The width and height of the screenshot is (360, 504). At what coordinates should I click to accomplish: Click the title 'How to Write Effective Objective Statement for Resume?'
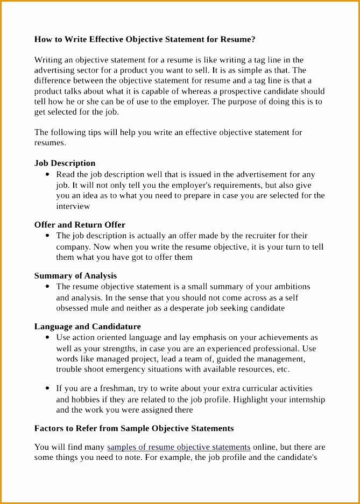pyautogui.click(x=145, y=39)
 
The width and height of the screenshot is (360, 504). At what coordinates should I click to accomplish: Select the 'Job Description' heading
pyautogui.click(x=65, y=163)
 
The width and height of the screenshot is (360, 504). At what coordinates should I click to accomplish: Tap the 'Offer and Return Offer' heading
pyautogui.click(x=80, y=224)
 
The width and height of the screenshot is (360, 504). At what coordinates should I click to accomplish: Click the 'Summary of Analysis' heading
pyautogui.click(x=75, y=275)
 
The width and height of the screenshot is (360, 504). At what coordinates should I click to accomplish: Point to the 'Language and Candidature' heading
pyautogui.click(x=87, y=326)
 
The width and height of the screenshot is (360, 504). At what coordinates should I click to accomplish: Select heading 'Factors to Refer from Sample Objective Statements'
pyautogui.click(x=134, y=428)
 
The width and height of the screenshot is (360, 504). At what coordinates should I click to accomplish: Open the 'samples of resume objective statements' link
pyautogui.click(x=179, y=447)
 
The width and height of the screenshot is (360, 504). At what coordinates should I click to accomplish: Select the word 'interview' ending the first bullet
pyautogui.click(x=73, y=206)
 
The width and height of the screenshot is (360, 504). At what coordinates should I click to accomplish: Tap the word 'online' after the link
pyautogui.click(x=265, y=447)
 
